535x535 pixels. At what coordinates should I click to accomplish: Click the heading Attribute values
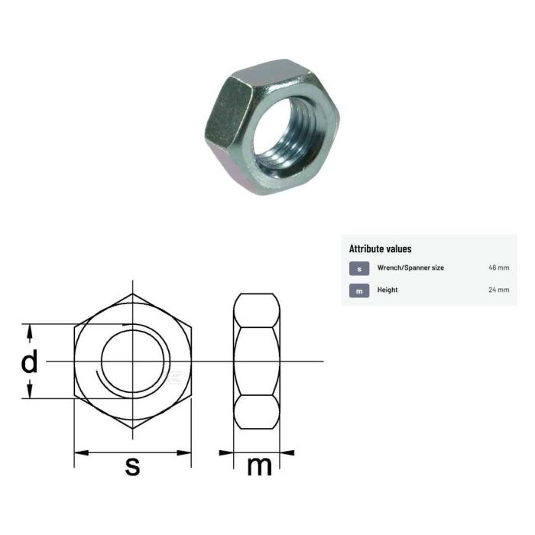coord(380,248)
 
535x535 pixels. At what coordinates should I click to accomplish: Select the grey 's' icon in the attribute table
coord(359,268)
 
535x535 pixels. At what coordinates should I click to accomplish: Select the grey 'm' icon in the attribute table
coord(359,290)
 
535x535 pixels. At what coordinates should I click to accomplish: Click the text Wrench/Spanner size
coord(410,268)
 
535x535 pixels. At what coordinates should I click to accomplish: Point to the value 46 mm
coord(498,268)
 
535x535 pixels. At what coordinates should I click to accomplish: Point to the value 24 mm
coord(498,290)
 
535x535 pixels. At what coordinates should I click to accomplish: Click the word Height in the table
coord(387,290)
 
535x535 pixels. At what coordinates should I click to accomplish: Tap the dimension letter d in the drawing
coord(29,362)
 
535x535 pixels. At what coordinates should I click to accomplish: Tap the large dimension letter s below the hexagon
coord(133,465)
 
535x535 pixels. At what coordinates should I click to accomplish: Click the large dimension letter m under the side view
coord(259,465)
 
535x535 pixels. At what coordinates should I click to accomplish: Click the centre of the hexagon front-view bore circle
coord(132,361)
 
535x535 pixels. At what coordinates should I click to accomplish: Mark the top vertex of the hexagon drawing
coord(132,293)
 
